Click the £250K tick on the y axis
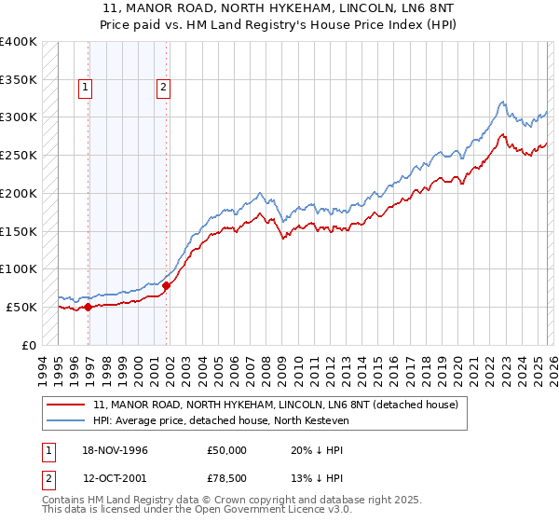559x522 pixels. click(19, 155)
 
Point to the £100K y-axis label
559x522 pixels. click(19, 268)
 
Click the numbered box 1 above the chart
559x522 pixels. click(86, 89)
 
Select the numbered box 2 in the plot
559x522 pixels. click(163, 89)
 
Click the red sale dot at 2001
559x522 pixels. click(167, 285)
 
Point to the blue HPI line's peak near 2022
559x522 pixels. click(502, 102)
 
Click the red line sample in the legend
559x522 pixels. click(68, 405)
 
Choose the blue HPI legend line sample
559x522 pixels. click(68, 421)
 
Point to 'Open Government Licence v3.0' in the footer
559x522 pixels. click(283, 511)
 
